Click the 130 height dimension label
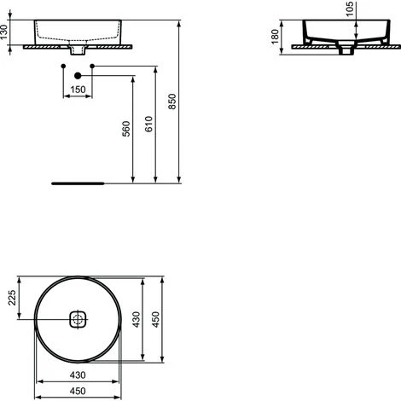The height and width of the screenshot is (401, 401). (6, 32)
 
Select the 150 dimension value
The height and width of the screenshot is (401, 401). (78, 89)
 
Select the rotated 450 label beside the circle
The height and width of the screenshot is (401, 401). (157, 320)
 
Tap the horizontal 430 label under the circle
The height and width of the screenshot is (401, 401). (78, 373)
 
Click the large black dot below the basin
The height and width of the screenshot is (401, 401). (78, 76)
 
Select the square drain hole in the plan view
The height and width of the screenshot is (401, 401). (78, 320)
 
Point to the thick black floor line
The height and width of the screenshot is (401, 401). (78, 183)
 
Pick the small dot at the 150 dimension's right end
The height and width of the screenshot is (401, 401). (91, 66)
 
